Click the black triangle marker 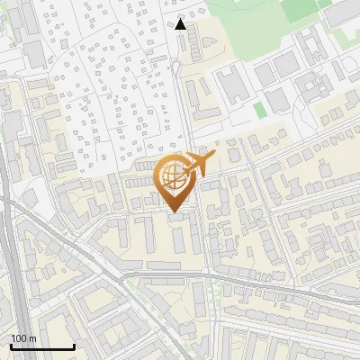pyautogui.click(x=181, y=24)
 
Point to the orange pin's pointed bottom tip pyautogui.click(x=174, y=213)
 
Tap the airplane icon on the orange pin pyautogui.click(x=197, y=164)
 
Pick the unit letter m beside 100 pyautogui.click(x=32, y=338)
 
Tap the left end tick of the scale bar pyautogui.click(x=11, y=346)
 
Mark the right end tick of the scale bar pyautogui.click(x=74, y=346)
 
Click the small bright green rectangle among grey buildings pyautogui.click(x=260, y=110)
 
